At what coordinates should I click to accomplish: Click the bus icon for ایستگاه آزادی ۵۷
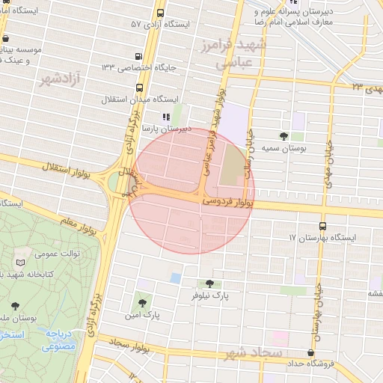pyautogui.click(x=160, y=13)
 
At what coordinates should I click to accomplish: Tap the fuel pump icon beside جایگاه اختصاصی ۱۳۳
pyautogui.click(x=138, y=57)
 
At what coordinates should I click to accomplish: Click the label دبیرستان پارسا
pyautogui.click(x=168, y=129)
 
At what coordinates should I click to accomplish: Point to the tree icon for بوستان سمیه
pyautogui.click(x=284, y=136)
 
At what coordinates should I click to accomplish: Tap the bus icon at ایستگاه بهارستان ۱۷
pyautogui.click(x=322, y=225)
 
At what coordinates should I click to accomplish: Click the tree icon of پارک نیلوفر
pyautogui.click(x=209, y=284)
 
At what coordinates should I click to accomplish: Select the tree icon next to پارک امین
pyautogui.click(x=142, y=303)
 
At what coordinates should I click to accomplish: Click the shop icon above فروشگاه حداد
pyautogui.click(x=310, y=353)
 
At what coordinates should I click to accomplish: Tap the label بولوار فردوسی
pyautogui.click(x=229, y=201)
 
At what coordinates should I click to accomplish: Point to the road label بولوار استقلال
pyautogui.click(x=62, y=171)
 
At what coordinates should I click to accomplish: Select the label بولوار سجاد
pyautogui.click(x=130, y=343)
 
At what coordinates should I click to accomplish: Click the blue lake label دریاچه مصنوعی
pyautogui.click(x=58, y=340)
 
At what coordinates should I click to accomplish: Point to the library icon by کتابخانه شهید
pyautogui.click(x=19, y=263)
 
